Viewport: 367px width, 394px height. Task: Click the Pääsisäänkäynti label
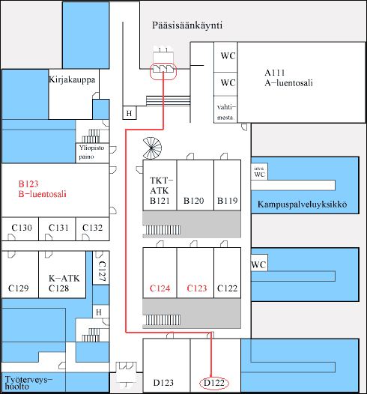pos(187,25)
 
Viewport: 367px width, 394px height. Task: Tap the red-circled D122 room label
pos(214,383)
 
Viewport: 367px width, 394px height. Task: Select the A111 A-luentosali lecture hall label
pos(288,78)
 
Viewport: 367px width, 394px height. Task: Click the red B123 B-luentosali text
pos(42,189)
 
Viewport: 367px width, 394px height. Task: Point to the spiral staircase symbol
pos(152,148)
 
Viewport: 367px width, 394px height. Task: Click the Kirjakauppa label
pos(72,79)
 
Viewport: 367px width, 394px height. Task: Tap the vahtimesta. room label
pos(226,112)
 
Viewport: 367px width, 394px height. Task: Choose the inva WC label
pos(259,172)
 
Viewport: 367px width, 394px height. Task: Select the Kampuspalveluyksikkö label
pos(302,204)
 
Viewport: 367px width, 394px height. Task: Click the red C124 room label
pos(160,288)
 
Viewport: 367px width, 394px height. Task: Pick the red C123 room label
pos(197,288)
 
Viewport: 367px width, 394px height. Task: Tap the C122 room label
pos(228,288)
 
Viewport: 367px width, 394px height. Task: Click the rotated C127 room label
pos(102,271)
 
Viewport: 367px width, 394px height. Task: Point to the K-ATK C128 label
pos(64,283)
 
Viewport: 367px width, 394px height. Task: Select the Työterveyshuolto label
pos(28,383)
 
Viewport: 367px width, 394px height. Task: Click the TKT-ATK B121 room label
pos(161,190)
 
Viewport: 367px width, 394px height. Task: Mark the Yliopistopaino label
pos(91,152)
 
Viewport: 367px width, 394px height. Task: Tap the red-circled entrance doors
pos(163,71)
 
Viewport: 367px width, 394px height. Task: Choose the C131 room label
pos(58,228)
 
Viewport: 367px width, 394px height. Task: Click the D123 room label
pos(163,383)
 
